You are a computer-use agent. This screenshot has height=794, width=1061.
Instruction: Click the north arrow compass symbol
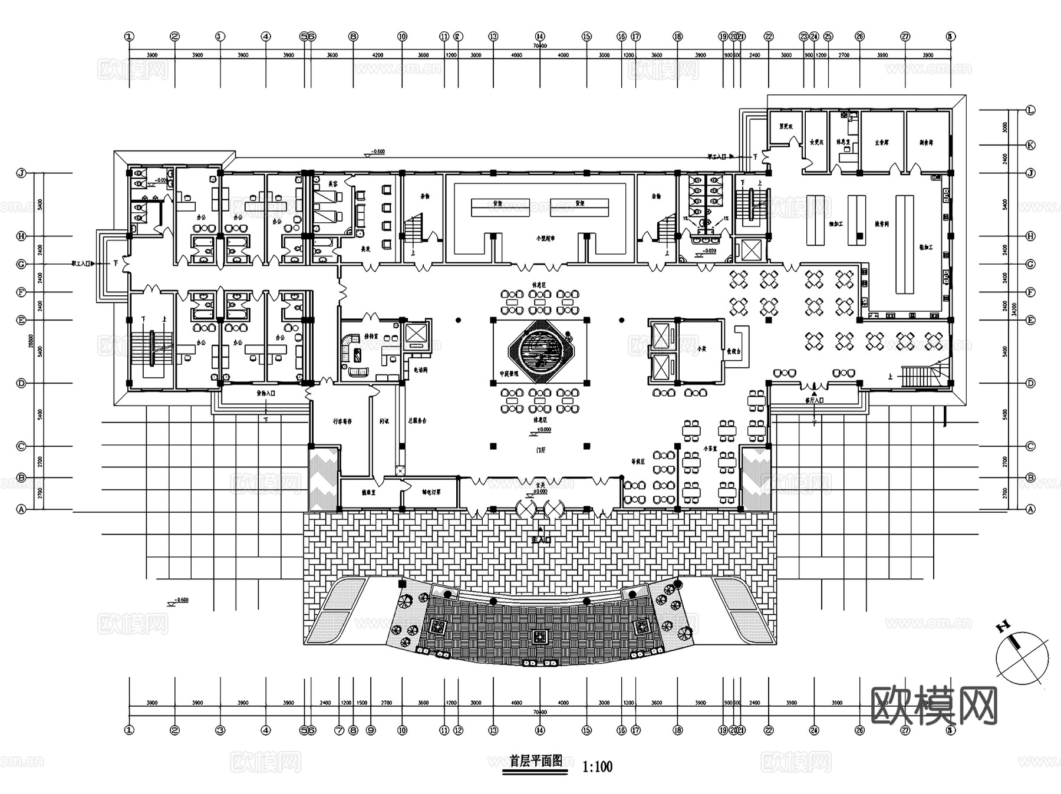(x=1022, y=658)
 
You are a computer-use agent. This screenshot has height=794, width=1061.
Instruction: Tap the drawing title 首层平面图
(x=535, y=760)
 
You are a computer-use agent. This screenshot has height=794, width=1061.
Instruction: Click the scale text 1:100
(x=597, y=767)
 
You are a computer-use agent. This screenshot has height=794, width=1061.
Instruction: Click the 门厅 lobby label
(x=541, y=449)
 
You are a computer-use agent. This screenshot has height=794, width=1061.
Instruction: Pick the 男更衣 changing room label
(x=785, y=126)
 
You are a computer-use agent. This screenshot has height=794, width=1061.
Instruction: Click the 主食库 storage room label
(x=881, y=143)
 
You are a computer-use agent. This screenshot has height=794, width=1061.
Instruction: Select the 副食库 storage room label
(x=926, y=143)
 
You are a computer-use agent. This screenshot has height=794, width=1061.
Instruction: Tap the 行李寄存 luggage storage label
(x=342, y=421)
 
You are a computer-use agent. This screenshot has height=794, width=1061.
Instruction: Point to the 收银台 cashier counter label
(x=733, y=351)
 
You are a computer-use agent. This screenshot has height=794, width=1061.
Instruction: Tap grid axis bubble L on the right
(x=1030, y=110)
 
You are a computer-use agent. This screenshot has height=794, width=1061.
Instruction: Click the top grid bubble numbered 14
(x=540, y=37)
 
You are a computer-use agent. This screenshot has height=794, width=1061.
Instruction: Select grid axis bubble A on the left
(x=22, y=509)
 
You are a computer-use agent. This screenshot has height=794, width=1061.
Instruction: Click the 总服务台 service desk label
(x=417, y=421)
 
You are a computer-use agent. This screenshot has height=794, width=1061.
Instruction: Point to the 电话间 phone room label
(x=420, y=370)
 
